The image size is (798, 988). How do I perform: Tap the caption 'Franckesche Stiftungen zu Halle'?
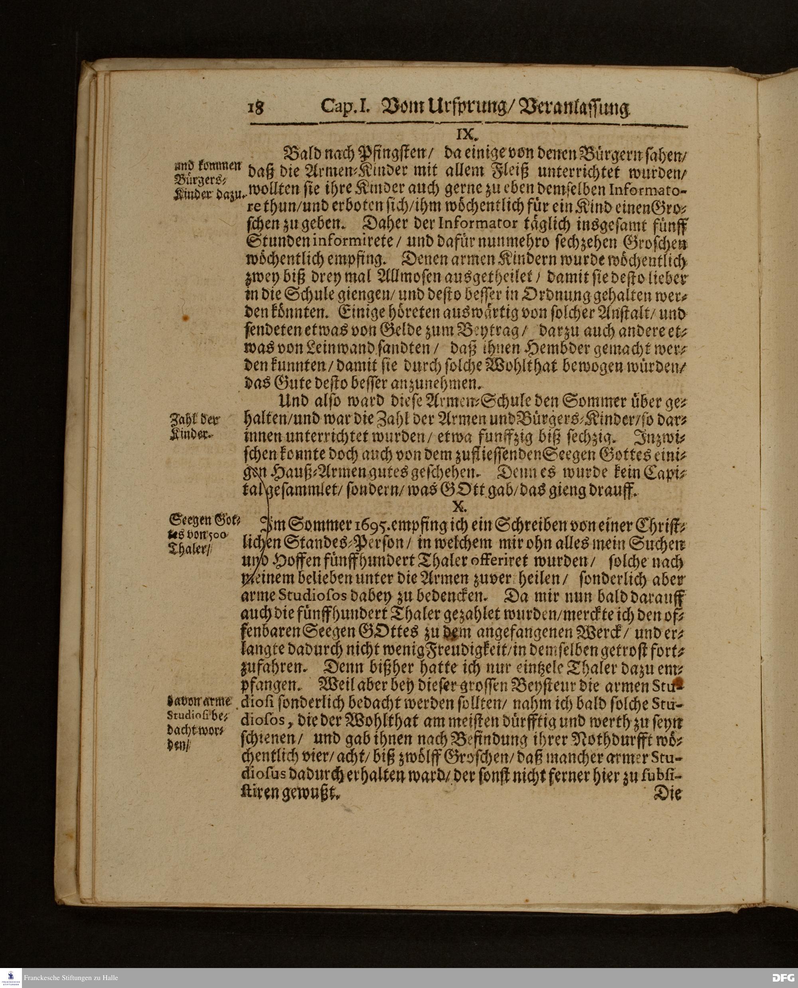[x=71, y=978]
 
